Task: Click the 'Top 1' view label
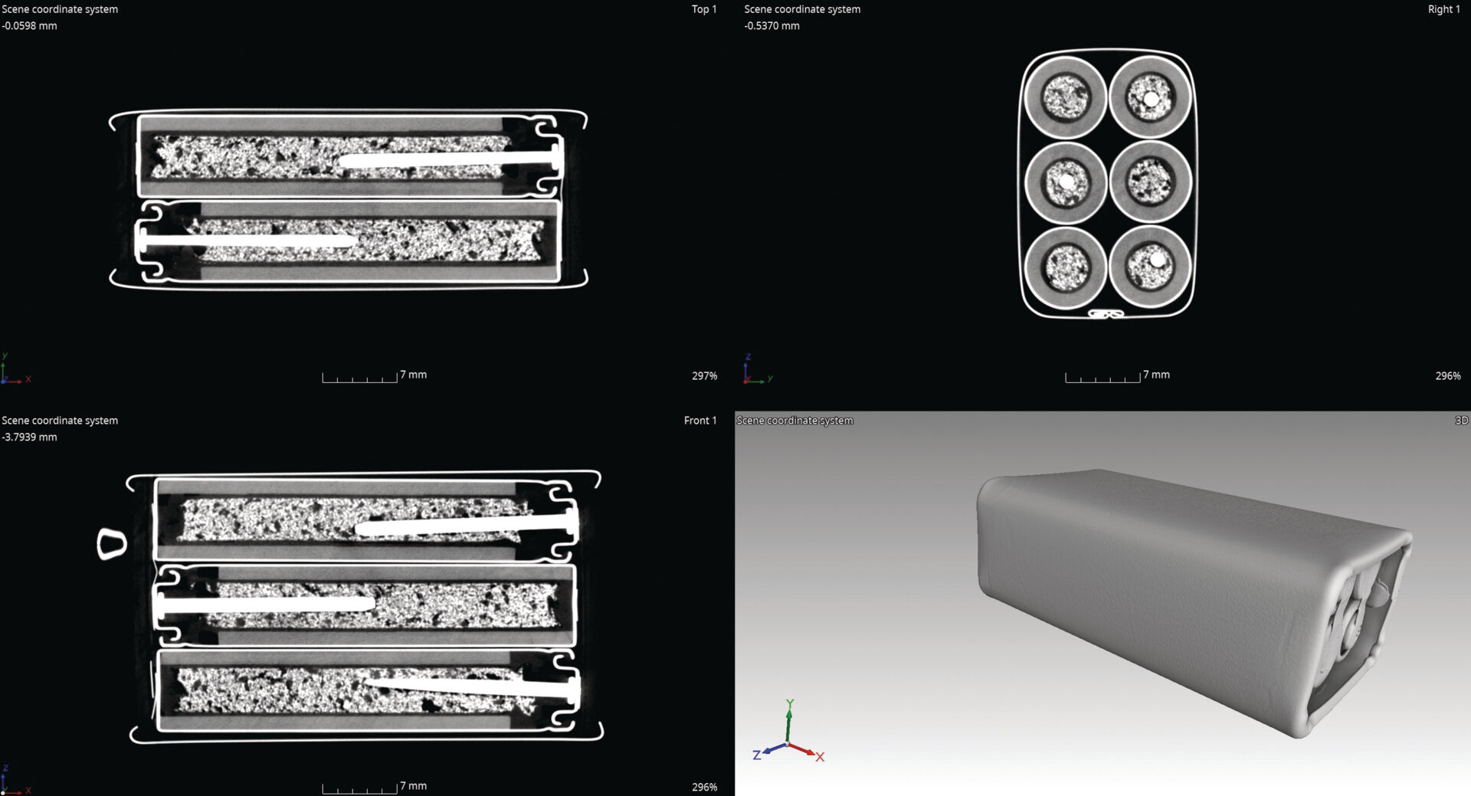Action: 703,9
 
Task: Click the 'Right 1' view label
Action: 1443,9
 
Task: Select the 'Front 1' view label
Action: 699,421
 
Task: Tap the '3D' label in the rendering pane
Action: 1461,421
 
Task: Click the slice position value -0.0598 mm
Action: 29,26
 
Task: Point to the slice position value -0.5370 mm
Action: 772,26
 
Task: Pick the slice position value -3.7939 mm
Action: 29,437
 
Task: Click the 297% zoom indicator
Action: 704,376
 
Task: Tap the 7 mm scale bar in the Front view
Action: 360,788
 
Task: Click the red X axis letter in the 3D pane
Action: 820,757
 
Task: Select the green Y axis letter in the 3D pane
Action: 790,703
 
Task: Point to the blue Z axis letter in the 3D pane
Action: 757,755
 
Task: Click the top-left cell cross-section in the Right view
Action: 1065,97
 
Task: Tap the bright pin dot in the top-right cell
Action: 1151,100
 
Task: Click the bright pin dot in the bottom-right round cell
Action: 1158,260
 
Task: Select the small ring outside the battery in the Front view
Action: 112,544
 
